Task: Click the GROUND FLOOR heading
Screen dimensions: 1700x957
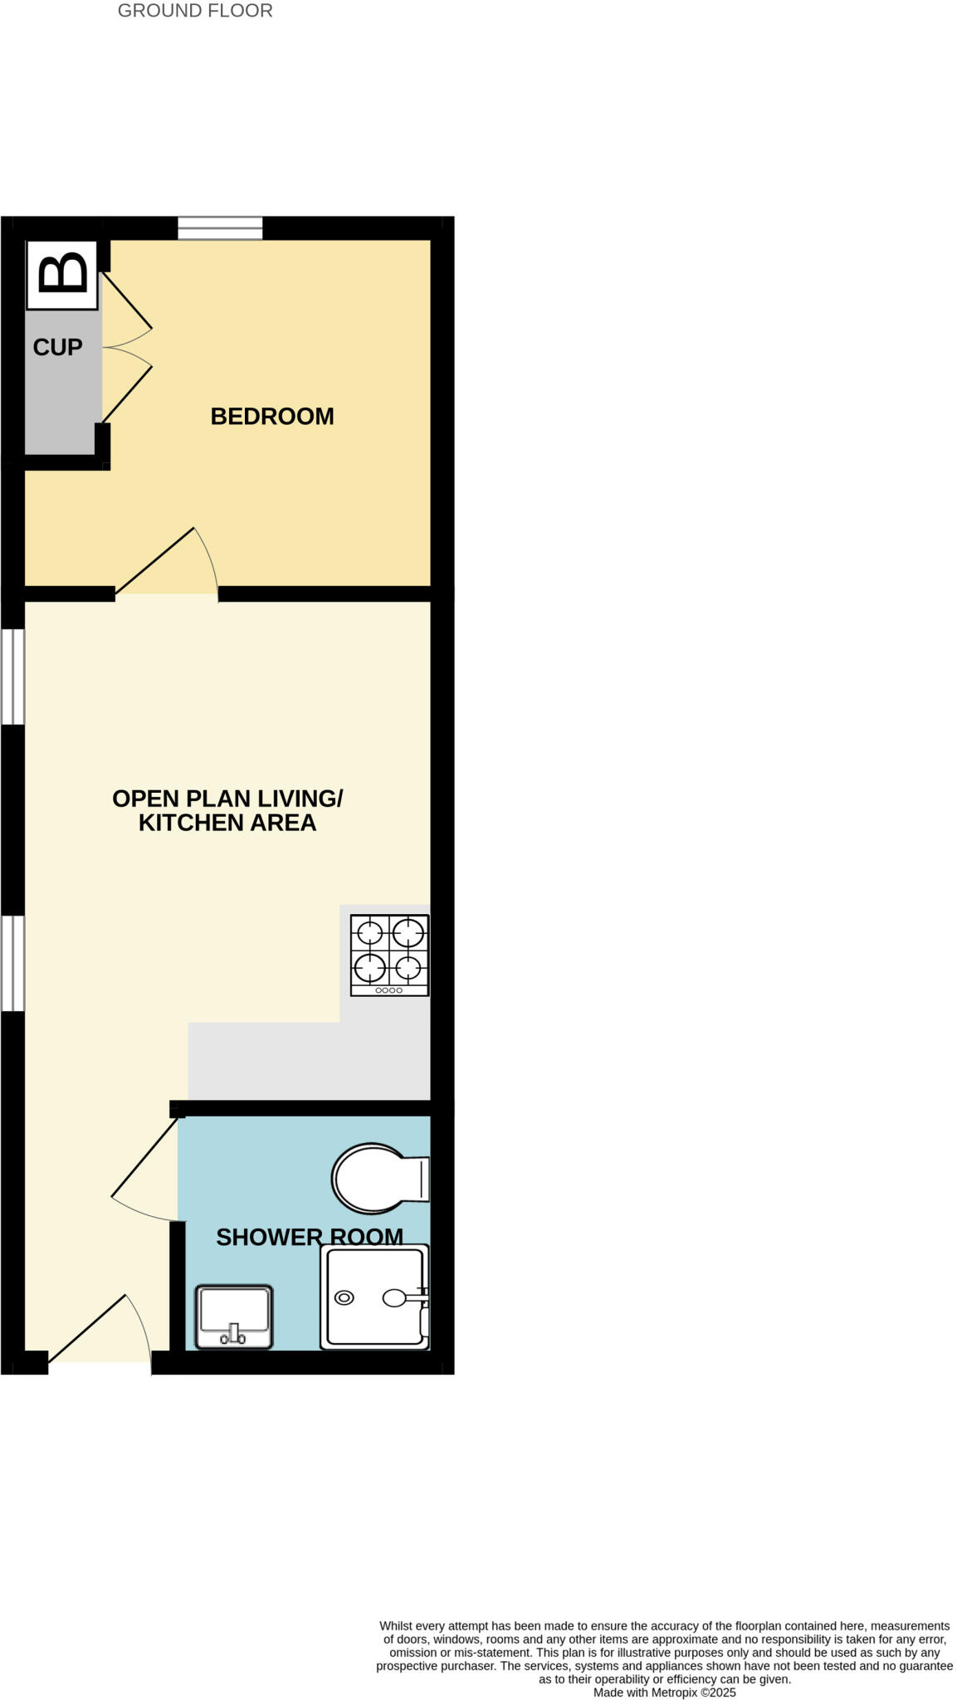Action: coord(195,11)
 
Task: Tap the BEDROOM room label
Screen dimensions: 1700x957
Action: coord(272,416)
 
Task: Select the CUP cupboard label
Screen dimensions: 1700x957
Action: coord(57,347)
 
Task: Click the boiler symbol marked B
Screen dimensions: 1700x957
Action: coord(62,275)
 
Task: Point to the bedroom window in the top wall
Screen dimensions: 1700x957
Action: coord(220,227)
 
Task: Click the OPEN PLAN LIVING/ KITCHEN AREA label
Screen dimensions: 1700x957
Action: coord(227,810)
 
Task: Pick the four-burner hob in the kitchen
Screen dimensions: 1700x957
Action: coord(389,955)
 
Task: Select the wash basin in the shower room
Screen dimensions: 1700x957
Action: coord(234,1316)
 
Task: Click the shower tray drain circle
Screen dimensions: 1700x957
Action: coord(344,1297)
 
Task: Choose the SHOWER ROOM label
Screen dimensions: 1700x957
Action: coord(309,1237)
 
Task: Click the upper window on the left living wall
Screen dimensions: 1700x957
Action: coord(12,677)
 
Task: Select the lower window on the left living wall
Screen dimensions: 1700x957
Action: coord(12,963)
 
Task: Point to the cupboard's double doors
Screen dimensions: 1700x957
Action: coord(126,347)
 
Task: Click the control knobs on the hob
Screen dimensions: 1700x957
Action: coord(388,990)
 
